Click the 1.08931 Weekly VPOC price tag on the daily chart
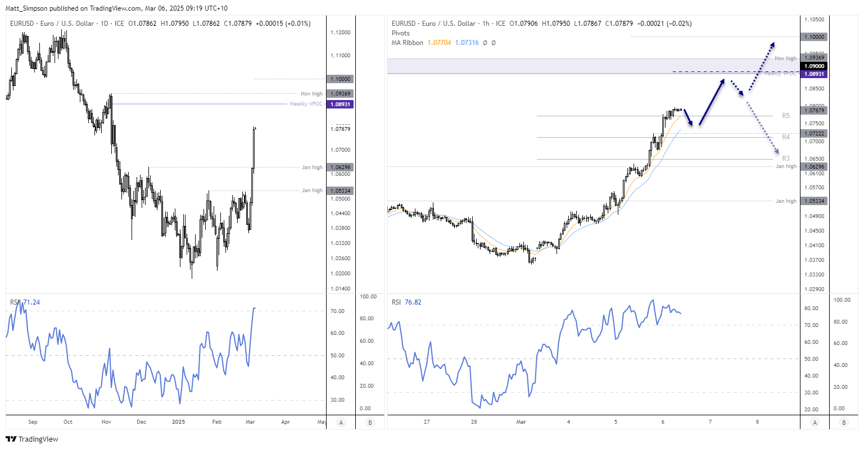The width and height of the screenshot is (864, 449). [340, 105]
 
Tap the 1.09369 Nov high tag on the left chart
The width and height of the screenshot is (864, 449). [340, 94]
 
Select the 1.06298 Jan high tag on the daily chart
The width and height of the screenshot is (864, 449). [340, 167]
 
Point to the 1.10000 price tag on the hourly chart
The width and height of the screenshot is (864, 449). [814, 37]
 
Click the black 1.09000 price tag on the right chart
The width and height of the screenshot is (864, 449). [814, 66]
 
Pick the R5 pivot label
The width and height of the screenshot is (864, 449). [785, 116]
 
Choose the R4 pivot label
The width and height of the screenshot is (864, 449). [785, 137]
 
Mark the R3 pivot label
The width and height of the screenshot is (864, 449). [785, 158]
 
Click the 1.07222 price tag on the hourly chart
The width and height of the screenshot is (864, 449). [814, 134]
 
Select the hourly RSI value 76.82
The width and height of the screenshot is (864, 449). [413, 302]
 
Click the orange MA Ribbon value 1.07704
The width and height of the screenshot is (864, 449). [439, 43]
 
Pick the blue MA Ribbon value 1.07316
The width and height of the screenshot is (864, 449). [467, 43]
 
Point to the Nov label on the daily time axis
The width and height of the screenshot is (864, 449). [106, 422]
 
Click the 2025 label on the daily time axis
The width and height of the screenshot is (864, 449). [178, 422]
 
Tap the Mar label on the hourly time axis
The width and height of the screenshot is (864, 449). [521, 422]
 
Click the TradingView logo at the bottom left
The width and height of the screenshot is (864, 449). [32, 439]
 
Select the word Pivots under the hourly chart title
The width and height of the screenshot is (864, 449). [401, 33]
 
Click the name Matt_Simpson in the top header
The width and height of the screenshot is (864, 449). [26, 8]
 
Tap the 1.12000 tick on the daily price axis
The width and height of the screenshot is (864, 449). [340, 33]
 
